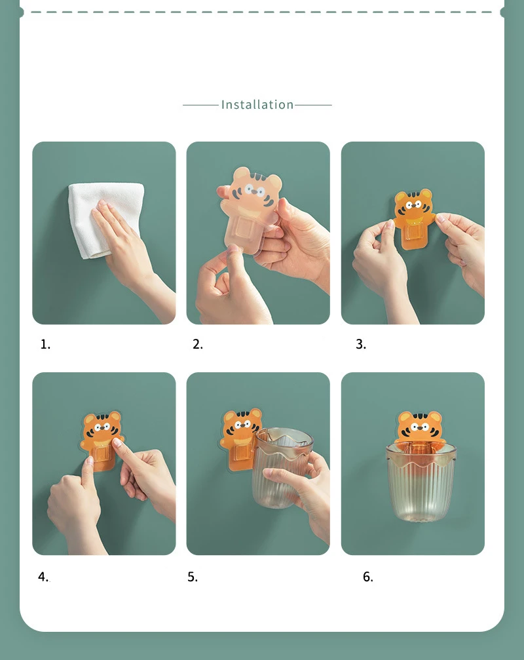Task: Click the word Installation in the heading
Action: (x=257, y=104)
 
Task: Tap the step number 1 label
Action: (x=45, y=344)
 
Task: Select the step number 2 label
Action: (x=198, y=344)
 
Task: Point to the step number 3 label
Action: (x=361, y=344)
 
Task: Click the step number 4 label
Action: (x=43, y=576)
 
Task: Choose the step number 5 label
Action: (x=193, y=577)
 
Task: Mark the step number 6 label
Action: (x=368, y=577)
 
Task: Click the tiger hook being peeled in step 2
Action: (x=250, y=208)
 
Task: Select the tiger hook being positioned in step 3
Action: (x=413, y=219)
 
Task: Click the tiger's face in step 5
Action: (x=240, y=426)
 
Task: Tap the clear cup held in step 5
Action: (x=282, y=467)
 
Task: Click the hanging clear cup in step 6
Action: (x=421, y=482)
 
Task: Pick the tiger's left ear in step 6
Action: (x=404, y=418)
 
